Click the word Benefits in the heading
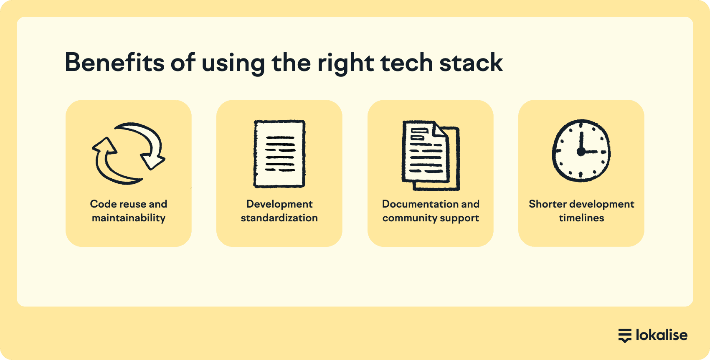tap(115, 62)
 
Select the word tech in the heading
tap(407, 62)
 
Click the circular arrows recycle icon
tap(128, 153)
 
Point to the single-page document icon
tap(279, 154)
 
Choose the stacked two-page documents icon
tap(431, 155)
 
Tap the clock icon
tap(581, 150)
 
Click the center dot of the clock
tap(581, 152)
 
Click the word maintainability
tap(128, 218)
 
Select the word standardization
tap(279, 218)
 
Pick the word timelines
tap(581, 218)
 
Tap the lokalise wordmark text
tap(662, 335)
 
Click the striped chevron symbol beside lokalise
tap(625, 336)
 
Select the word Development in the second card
tap(279, 204)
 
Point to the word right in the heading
tap(346, 63)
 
